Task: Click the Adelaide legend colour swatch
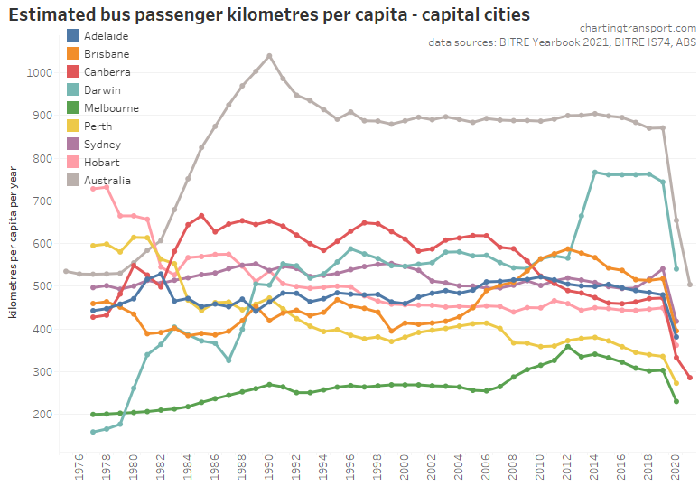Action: click(74, 36)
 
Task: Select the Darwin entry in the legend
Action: click(101, 90)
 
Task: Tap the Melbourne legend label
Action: click(110, 108)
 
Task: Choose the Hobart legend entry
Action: click(101, 163)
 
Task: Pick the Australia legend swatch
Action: click(74, 181)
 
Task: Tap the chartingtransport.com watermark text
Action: click(628, 26)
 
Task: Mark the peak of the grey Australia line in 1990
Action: click(269, 55)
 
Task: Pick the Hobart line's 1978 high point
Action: click(107, 186)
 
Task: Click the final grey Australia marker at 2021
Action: click(690, 285)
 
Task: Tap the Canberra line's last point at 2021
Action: click(690, 378)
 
